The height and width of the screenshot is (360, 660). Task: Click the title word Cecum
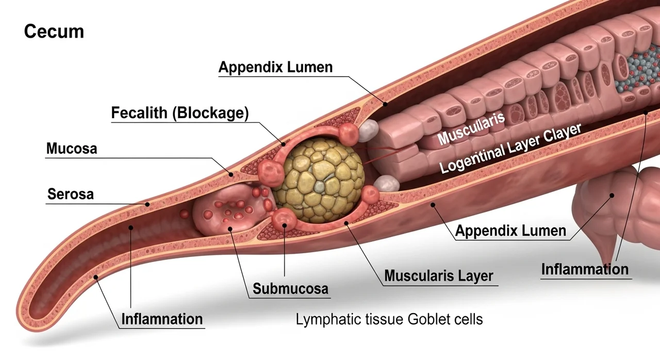pos(54,31)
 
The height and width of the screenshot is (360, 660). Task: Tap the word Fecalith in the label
pos(140,113)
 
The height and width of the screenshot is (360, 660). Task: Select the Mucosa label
pos(72,149)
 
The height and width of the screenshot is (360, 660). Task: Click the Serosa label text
pos(71,194)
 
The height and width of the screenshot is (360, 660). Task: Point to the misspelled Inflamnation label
pos(162,319)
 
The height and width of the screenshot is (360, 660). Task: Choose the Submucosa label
pos(290,288)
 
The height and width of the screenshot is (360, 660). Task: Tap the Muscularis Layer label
pos(439,276)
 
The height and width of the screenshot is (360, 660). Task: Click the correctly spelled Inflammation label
pos(585,269)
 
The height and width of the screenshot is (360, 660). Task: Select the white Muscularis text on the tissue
pos(471,128)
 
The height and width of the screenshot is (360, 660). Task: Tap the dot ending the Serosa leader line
pos(147,204)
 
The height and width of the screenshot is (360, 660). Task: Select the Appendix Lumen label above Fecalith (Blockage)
pos(275,67)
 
